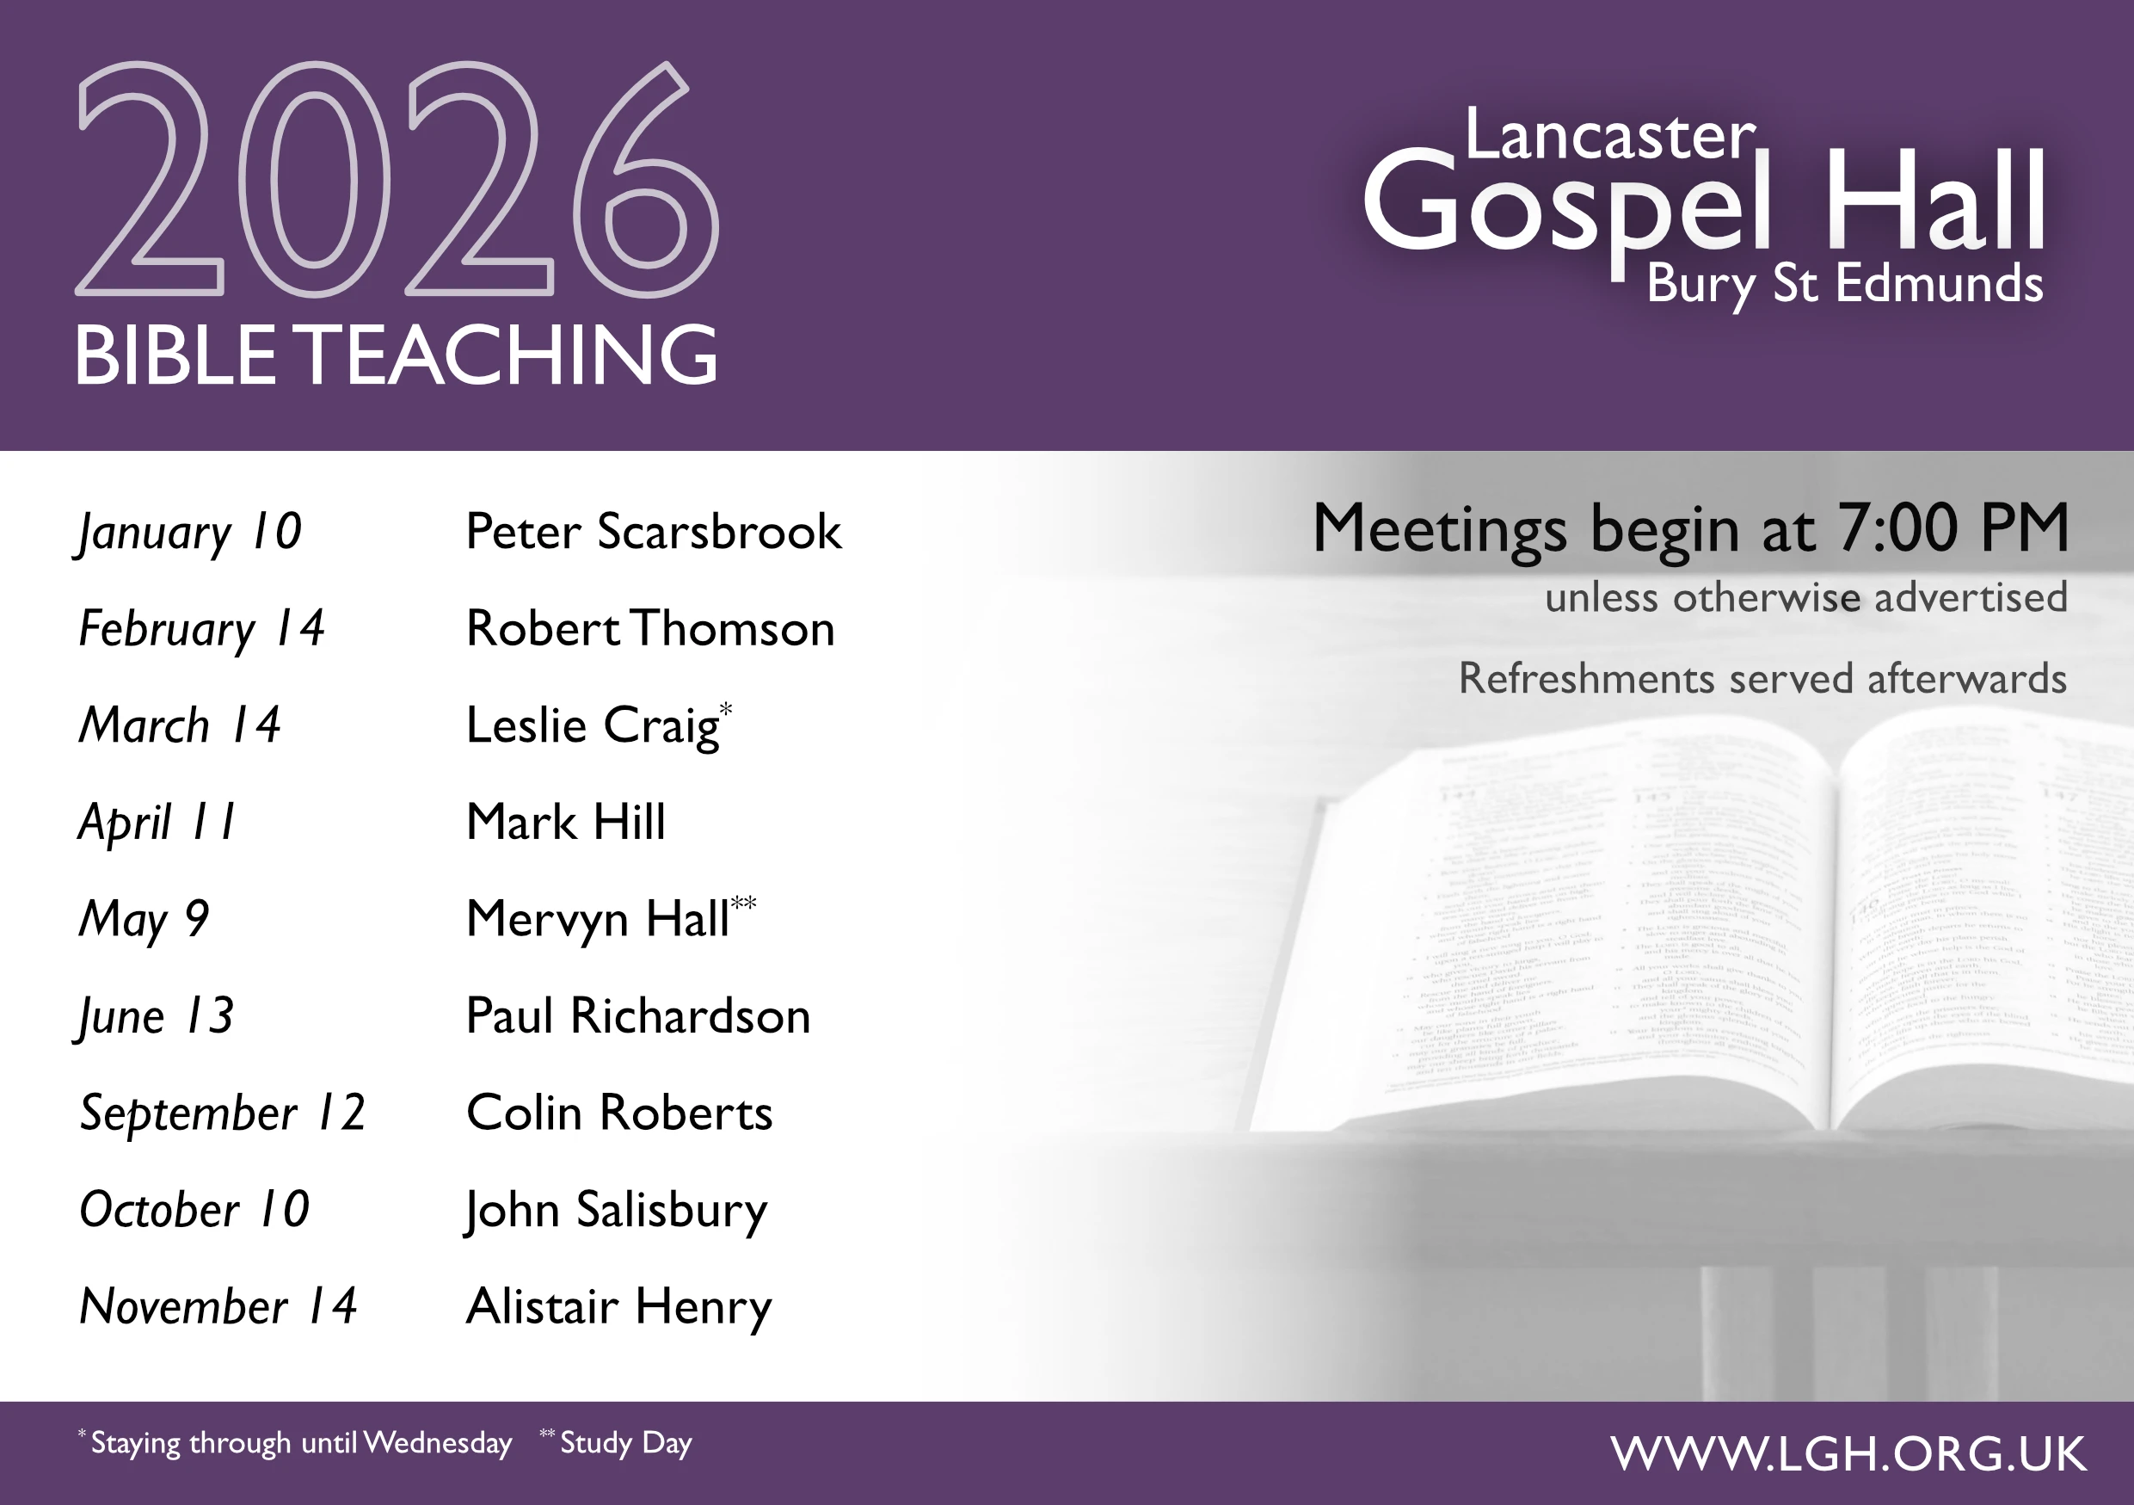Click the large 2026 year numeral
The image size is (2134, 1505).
[x=397, y=179]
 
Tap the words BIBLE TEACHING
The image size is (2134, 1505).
[x=395, y=355]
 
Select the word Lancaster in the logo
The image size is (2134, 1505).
[x=1610, y=136]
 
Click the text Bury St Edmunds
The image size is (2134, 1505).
[x=1844, y=283]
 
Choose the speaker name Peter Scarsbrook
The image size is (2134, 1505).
[x=654, y=532]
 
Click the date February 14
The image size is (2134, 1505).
[x=201, y=628]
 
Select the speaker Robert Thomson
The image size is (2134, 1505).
[x=649, y=628]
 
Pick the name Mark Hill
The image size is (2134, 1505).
[x=565, y=822]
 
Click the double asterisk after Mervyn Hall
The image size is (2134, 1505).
[x=743, y=903]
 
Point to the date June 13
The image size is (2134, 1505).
[x=155, y=1016]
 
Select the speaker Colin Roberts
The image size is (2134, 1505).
[x=619, y=1113]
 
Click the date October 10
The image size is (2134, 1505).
[x=194, y=1209]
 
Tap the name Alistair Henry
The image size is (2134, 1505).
[x=618, y=1306]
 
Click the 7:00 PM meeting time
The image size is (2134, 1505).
[x=1953, y=528]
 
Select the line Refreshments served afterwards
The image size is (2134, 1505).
[x=1762, y=679]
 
